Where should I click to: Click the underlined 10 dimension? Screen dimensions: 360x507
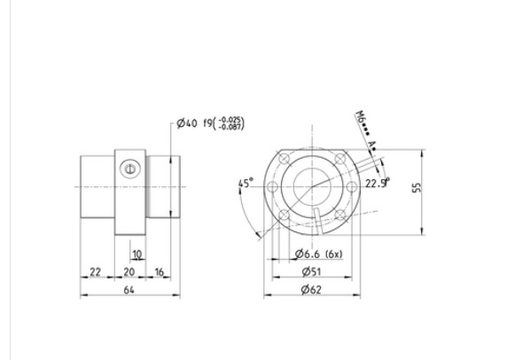point(136,254)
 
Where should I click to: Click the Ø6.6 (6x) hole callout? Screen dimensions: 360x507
point(317,254)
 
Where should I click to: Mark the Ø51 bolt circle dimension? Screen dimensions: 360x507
point(310,272)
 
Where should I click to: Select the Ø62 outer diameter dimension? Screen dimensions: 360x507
point(310,289)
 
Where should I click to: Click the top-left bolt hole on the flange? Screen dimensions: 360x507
point(284,158)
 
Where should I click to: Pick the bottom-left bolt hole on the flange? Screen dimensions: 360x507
point(284,215)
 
